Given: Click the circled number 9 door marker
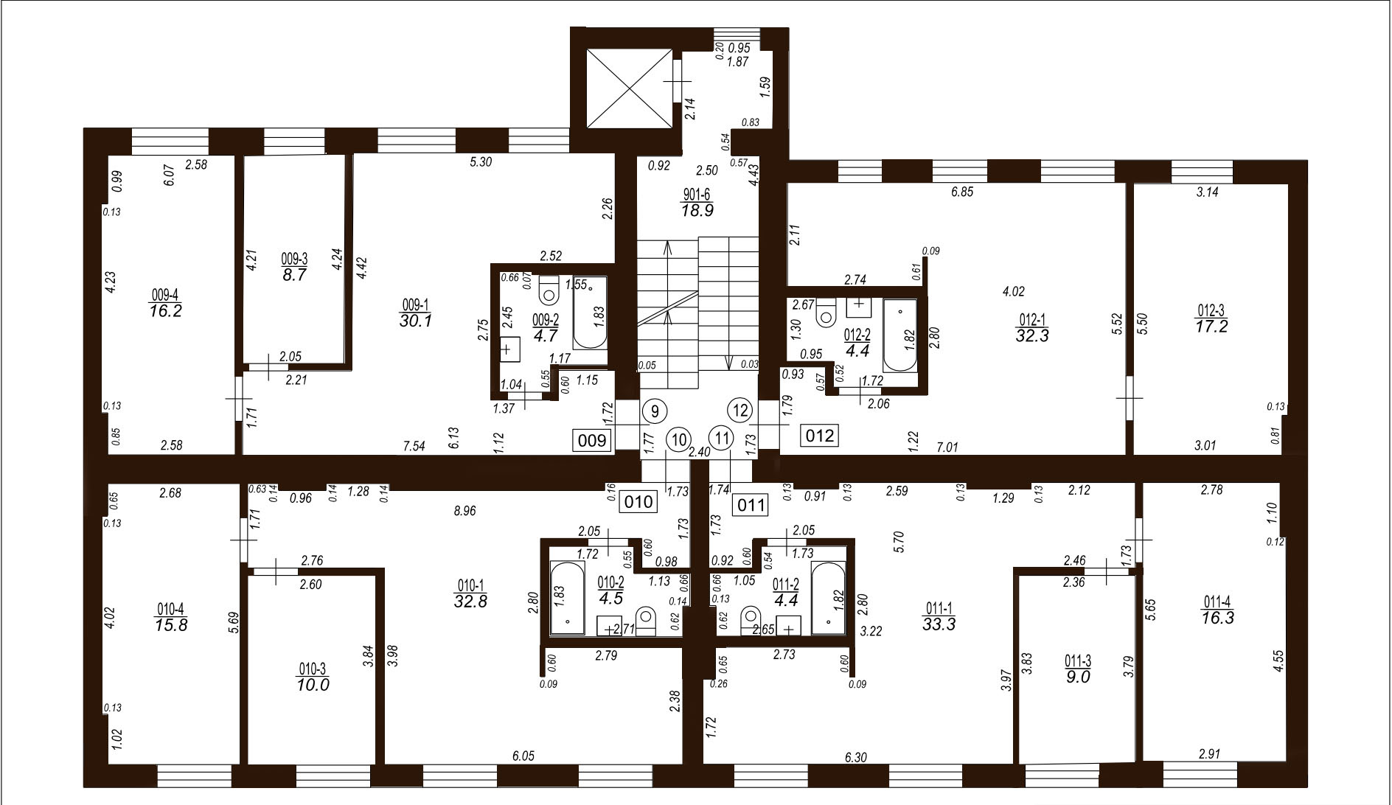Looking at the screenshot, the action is [x=653, y=410].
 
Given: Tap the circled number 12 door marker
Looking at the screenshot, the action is [x=740, y=410].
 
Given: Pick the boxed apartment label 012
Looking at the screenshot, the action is [x=820, y=436].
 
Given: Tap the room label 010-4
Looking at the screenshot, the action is [x=170, y=609].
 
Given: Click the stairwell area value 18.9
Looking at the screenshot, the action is [x=697, y=210].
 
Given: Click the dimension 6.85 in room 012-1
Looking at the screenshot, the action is [x=963, y=192].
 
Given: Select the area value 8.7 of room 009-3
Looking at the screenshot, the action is [x=294, y=274].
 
